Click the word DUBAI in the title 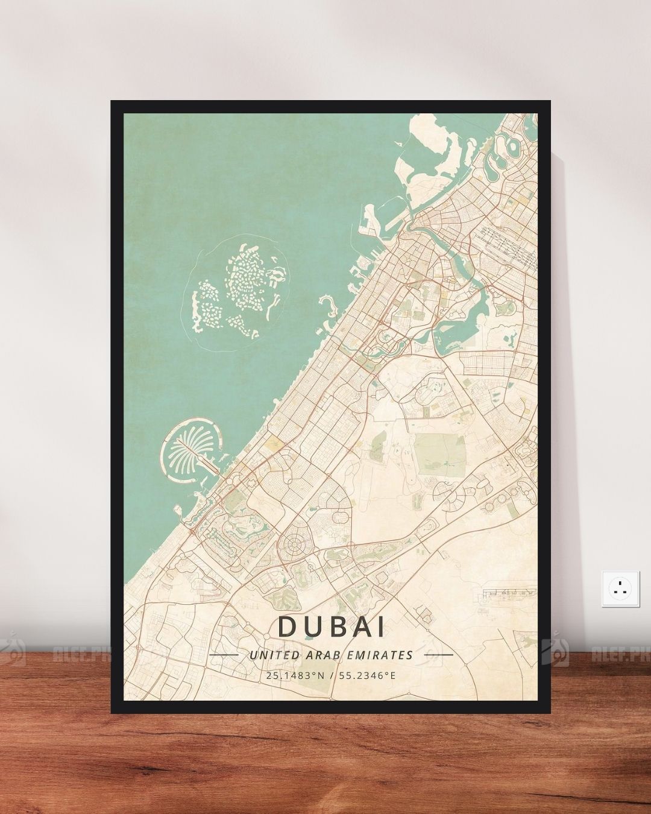tap(331, 627)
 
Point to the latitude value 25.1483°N tap(294, 675)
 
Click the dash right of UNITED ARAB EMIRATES tap(438, 654)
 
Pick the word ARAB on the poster tap(332, 655)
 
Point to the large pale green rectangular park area tap(440, 452)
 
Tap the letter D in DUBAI tap(287, 627)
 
